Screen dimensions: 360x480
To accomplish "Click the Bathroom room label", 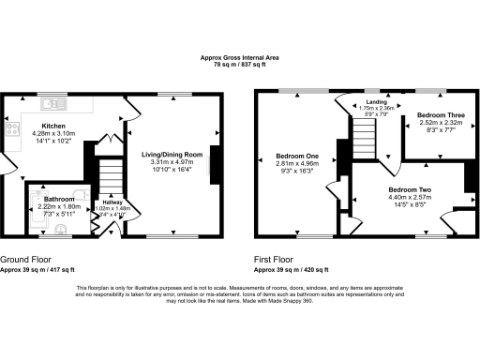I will pyautogui.click(x=58, y=199).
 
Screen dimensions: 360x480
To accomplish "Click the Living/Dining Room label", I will pyautogui.click(x=172, y=154).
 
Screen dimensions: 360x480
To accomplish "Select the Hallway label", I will pyautogui.click(x=112, y=201).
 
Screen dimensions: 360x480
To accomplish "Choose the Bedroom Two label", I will pyautogui.click(x=410, y=189).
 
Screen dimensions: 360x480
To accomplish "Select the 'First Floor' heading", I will pyautogui.click(x=275, y=259).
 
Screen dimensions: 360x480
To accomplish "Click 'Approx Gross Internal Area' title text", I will pyautogui.click(x=239, y=58).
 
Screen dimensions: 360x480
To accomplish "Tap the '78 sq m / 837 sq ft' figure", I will pyautogui.click(x=239, y=66).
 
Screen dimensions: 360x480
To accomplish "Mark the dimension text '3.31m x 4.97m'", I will pyautogui.click(x=172, y=162).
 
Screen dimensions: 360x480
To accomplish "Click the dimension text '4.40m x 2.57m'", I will pyautogui.click(x=410, y=197).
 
